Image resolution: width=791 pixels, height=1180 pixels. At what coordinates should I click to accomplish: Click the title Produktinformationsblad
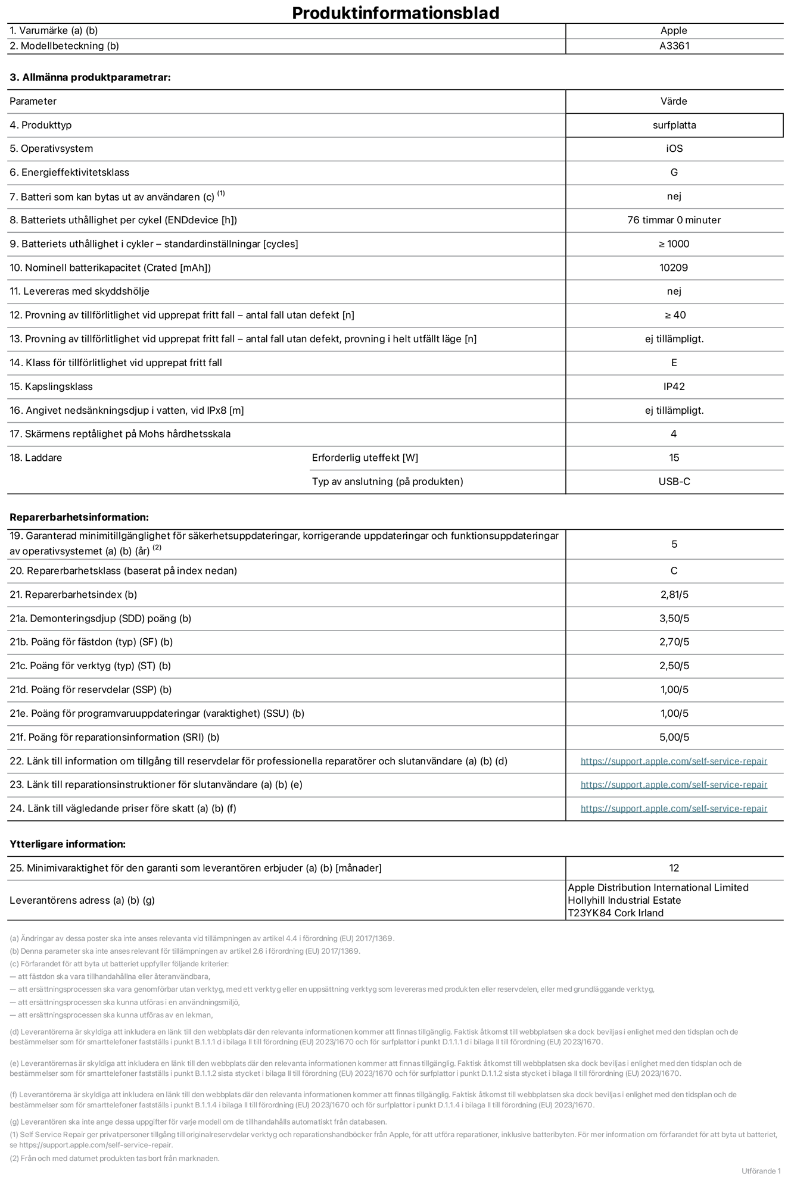(x=395, y=13)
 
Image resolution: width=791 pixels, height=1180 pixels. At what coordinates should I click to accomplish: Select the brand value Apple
(x=674, y=31)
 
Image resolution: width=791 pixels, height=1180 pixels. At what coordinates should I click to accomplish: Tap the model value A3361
(x=674, y=46)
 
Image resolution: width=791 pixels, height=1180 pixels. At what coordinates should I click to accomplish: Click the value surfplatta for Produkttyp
(x=674, y=125)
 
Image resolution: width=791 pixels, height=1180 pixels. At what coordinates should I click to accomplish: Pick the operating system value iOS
(x=674, y=149)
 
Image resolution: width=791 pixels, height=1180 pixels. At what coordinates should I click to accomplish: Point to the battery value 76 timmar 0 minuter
(x=674, y=220)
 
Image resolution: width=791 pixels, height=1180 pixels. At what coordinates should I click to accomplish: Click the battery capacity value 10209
(x=674, y=268)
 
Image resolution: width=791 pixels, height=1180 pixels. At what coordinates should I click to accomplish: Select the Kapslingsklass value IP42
(x=674, y=387)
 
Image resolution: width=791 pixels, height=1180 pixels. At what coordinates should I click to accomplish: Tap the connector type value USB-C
(x=674, y=482)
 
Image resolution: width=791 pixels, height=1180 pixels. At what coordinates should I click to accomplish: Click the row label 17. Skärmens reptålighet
(x=120, y=434)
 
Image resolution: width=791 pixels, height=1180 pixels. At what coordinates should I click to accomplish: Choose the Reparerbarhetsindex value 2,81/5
(x=674, y=595)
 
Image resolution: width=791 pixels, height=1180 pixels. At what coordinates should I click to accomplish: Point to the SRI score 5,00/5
(x=674, y=738)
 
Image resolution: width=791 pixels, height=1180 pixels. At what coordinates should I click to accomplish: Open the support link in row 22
(x=674, y=761)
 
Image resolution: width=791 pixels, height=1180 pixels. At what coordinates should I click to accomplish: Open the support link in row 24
(x=674, y=808)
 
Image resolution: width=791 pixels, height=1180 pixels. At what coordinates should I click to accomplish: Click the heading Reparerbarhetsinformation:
(x=79, y=517)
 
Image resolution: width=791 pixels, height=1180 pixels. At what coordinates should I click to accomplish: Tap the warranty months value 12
(x=674, y=868)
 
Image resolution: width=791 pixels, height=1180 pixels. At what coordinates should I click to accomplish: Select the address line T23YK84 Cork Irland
(x=615, y=913)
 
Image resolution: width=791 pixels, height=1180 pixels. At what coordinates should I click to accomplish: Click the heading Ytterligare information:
(x=67, y=844)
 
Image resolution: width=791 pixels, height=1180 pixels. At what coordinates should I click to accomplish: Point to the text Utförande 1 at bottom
(x=761, y=1171)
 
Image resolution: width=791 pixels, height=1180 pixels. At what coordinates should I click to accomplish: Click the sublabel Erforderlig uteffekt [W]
(x=365, y=458)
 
